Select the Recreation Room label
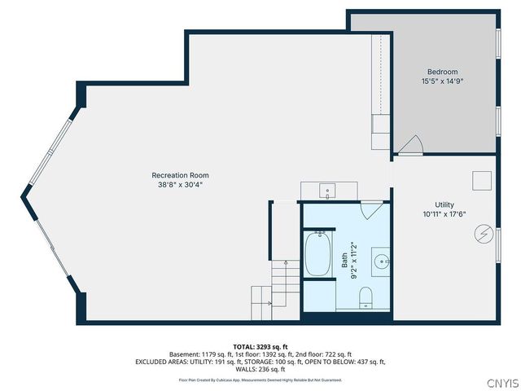click(x=180, y=175)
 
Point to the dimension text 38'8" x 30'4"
click(x=180, y=185)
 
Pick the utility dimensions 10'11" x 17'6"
click(x=444, y=214)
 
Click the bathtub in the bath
click(x=317, y=254)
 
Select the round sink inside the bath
click(x=380, y=261)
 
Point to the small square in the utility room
click(x=481, y=180)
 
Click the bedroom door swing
click(x=410, y=144)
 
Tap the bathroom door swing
click(x=371, y=209)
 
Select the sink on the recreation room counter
click(x=328, y=191)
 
